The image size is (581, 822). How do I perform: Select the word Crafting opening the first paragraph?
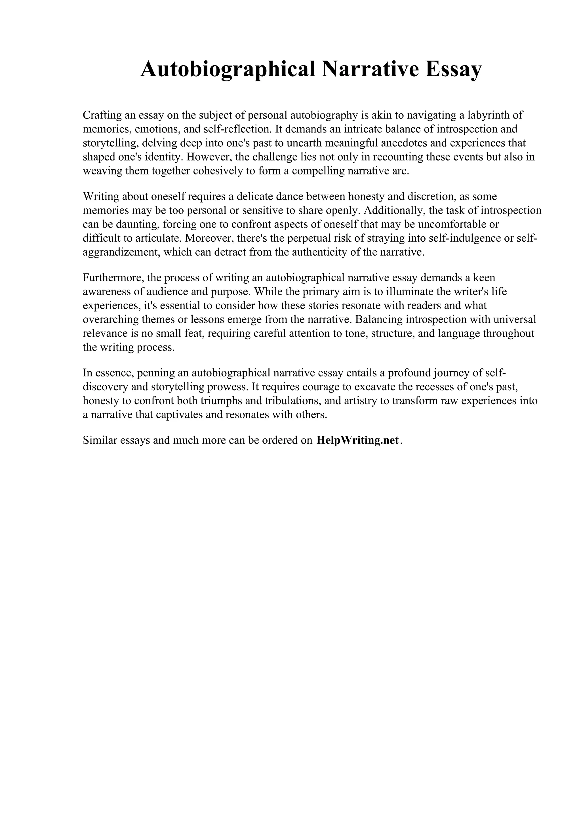coord(102,115)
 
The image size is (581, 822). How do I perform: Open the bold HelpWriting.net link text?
coord(357,440)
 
